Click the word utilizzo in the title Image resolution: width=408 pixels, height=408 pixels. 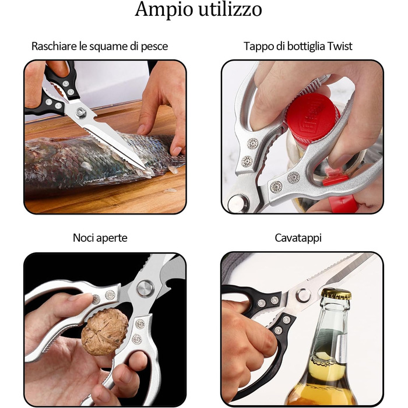point(230,9)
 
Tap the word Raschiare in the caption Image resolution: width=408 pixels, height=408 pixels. point(54,46)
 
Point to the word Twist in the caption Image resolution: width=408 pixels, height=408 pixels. point(340,46)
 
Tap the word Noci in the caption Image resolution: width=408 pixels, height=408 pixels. point(82,238)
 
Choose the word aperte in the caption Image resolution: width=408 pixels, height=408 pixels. point(111,238)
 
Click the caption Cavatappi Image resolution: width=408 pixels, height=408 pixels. point(298,238)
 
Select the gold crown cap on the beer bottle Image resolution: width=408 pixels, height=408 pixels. point(336,294)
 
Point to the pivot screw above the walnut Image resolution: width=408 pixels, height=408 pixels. point(144,288)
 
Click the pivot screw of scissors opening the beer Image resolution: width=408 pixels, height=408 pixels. point(303,296)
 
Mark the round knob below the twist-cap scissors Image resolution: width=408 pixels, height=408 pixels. point(238,203)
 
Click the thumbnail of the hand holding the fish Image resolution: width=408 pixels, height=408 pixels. point(141,129)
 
